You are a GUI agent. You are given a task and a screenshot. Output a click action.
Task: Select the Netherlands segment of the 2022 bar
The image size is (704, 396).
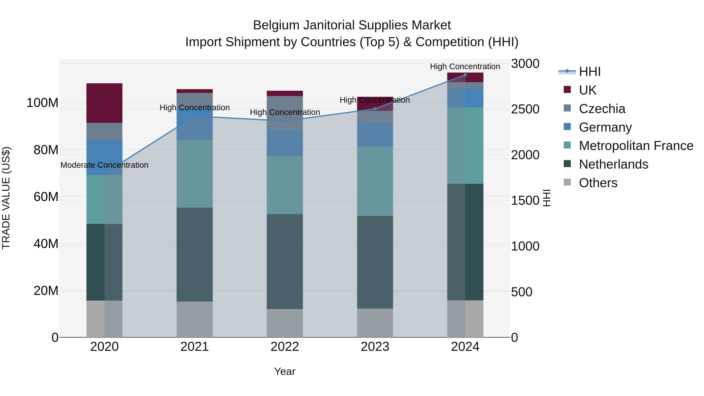285,261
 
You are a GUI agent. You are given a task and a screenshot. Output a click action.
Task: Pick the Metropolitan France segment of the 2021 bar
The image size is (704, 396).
194,174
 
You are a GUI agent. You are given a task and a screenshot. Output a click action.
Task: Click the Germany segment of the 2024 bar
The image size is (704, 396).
465,98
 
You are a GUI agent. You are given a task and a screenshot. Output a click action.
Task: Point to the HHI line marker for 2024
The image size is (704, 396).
465,75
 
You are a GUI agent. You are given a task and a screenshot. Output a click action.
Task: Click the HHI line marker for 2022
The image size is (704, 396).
285,121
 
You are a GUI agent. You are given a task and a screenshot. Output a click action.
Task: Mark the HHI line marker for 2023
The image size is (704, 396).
375,109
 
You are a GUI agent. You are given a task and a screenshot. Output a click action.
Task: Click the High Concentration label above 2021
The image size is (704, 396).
194,108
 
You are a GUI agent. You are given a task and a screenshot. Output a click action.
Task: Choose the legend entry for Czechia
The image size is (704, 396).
602,109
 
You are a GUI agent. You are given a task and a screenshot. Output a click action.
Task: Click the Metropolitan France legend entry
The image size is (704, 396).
636,146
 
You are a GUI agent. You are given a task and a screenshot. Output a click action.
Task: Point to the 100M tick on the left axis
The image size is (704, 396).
42,103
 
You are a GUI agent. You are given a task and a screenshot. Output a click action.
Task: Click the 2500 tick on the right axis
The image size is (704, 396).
525,109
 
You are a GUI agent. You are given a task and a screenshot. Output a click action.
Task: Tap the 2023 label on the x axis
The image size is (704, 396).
375,347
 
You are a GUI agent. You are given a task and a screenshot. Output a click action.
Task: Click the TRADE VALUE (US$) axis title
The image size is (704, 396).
6,198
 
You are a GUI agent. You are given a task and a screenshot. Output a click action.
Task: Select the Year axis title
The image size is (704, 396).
285,371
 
